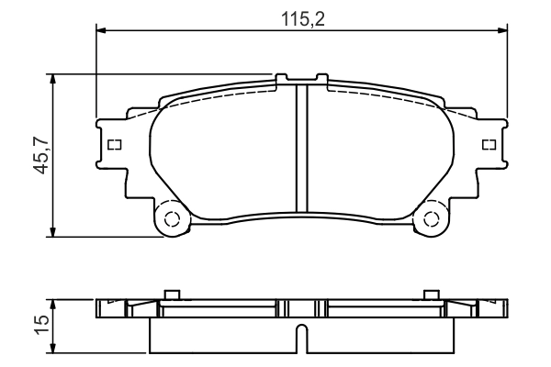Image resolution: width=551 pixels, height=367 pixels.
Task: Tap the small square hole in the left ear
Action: tap(114, 144)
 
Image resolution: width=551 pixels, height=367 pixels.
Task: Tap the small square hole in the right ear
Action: tap(489, 144)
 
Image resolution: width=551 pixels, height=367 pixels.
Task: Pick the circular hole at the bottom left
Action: tap(169, 219)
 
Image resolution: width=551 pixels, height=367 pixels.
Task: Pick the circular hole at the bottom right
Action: tap(430, 219)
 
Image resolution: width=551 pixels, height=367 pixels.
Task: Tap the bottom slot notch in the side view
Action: tap(300, 339)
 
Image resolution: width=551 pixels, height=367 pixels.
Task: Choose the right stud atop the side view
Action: tap(430, 295)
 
